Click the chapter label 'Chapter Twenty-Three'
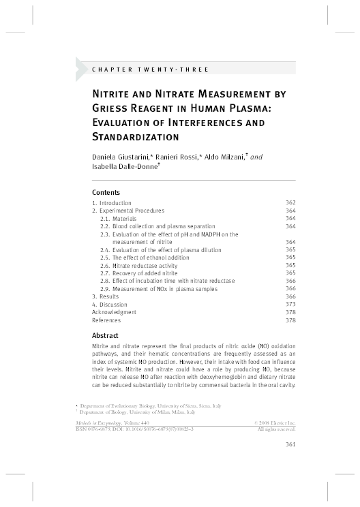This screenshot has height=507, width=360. point(150,70)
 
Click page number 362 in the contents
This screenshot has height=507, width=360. point(290,203)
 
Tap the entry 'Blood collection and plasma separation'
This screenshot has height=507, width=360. point(157,226)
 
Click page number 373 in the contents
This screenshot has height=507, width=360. point(290,304)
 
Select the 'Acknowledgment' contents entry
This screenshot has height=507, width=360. point(114,312)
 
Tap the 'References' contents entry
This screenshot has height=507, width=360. point(106,320)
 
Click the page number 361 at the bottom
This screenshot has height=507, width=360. point(289,446)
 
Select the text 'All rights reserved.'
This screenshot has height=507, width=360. point(275,429)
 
